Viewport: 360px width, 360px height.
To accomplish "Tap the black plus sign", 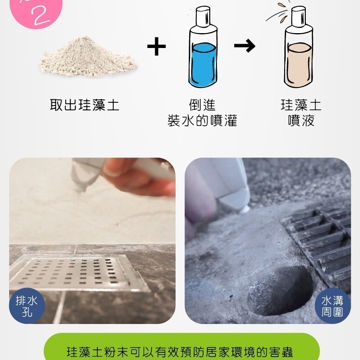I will point(156,47).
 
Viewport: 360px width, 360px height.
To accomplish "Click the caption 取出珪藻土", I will point(84,105).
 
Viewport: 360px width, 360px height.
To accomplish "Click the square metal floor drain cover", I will point(79,273).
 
